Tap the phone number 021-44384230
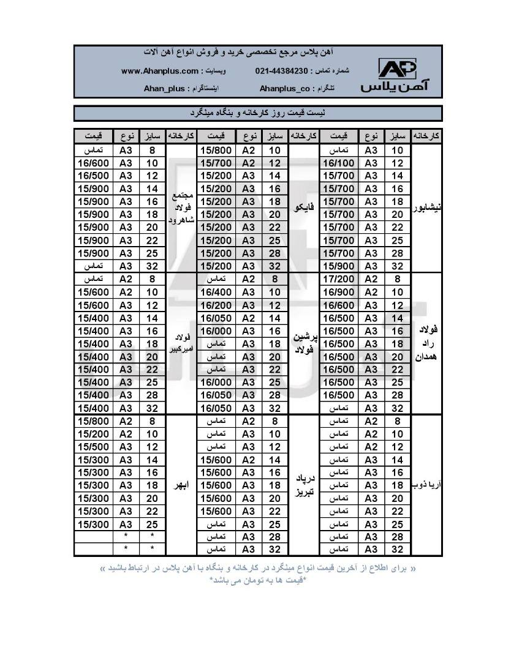tap(281, 71)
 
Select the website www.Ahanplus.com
tap(160, 71)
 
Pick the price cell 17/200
tap(339, 279)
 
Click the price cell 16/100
tap(339, 163)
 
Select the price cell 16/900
tap(339, 292)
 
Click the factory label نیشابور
tap(427, 207)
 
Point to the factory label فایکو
tap(304, 207)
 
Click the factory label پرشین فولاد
tap(304, 343)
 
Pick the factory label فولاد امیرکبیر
tap(181, 343)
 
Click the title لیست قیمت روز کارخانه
tap(258, 113)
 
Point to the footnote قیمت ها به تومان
tap(258, 580)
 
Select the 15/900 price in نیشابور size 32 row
tap(339, 266)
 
